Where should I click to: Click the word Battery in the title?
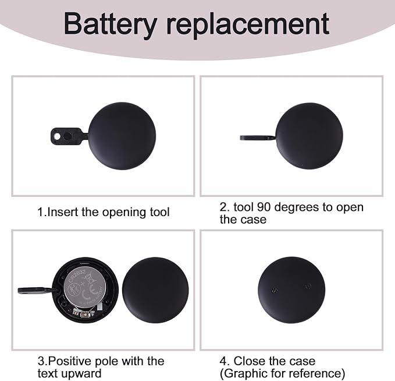pos(110,24)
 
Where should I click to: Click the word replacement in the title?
pos(248,24)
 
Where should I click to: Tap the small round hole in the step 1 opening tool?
pos(58,136)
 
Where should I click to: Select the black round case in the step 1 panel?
pos(122,136)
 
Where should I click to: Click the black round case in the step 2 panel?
pos(309,136)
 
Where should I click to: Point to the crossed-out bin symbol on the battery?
pos(90,280)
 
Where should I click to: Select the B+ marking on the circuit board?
pos(93,313)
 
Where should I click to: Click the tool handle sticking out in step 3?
pos(35,291)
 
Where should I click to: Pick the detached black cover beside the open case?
pos(155,290)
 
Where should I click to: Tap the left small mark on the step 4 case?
pos(275,291)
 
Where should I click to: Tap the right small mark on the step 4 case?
pos(308,287)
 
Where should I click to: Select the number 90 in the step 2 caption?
pos(264,207)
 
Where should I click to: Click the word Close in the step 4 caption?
pos(249,361)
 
